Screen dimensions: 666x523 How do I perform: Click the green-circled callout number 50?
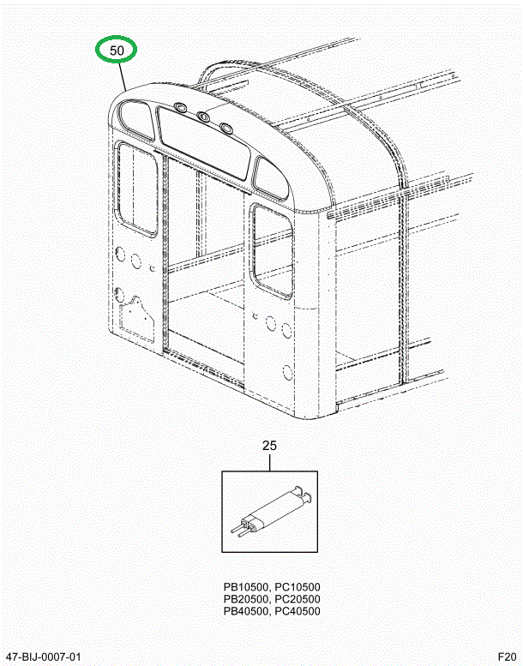tap(117, 51)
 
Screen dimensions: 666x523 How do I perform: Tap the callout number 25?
tap(269, 446)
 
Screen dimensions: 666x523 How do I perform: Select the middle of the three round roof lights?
tap(203, 117)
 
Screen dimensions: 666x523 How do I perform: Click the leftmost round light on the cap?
tap(180, 106)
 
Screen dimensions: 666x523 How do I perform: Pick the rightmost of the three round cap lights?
tap(226, 128)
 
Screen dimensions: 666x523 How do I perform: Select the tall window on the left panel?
tap(137, 189)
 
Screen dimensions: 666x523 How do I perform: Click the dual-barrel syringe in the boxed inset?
tap(269, 512)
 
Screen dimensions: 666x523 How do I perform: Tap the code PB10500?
tap(245, 587)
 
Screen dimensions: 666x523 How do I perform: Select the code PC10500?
tap(298, 587)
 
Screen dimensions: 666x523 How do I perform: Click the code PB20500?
tap(245, 599)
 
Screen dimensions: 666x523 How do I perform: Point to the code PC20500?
tap(298, 599)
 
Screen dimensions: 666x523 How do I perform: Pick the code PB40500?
tap(245, 611)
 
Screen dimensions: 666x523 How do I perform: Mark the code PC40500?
tap(298, 611)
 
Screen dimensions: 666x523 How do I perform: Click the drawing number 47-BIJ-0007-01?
tap(48, 657)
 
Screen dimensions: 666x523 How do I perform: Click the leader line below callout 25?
tap(269, 462)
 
